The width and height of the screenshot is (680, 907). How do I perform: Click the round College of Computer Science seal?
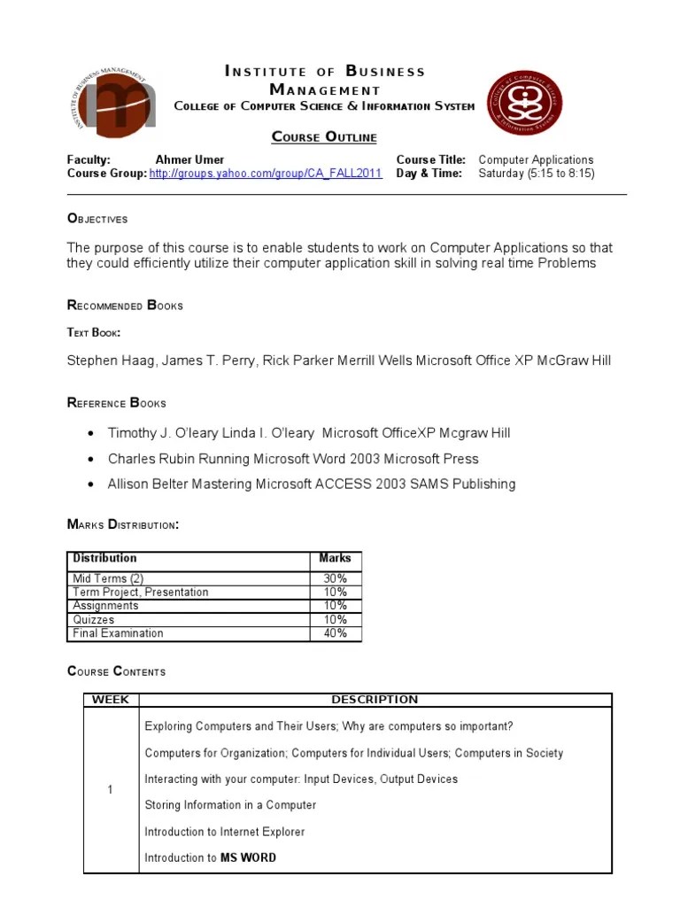coord(525,103)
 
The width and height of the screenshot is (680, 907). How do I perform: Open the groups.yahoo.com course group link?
coord(266,174)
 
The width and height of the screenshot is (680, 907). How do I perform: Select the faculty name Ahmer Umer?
coord(189,160)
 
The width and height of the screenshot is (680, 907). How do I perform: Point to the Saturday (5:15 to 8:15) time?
coord(536,174)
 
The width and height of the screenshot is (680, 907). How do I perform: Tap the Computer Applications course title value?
coord(536,160)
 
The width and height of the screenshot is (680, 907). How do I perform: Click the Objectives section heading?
coord(97,219)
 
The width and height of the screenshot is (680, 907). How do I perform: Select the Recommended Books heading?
coord(125,306)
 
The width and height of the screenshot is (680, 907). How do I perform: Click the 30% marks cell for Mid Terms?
coord(335,578)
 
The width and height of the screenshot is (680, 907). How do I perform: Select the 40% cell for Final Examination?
coord(335,633)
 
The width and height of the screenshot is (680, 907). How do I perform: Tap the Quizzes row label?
coord(94,620)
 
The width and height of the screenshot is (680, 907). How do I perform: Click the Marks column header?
coord(335,558)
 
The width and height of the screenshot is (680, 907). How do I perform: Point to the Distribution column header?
coord(104,558)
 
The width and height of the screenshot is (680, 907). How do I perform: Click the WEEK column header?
coord(111,700)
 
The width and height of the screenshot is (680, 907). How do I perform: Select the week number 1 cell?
coord(111,790)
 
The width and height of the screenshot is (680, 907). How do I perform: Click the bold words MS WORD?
coord(248,857)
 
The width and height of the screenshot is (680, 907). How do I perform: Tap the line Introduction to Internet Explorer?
coord(224,832)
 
